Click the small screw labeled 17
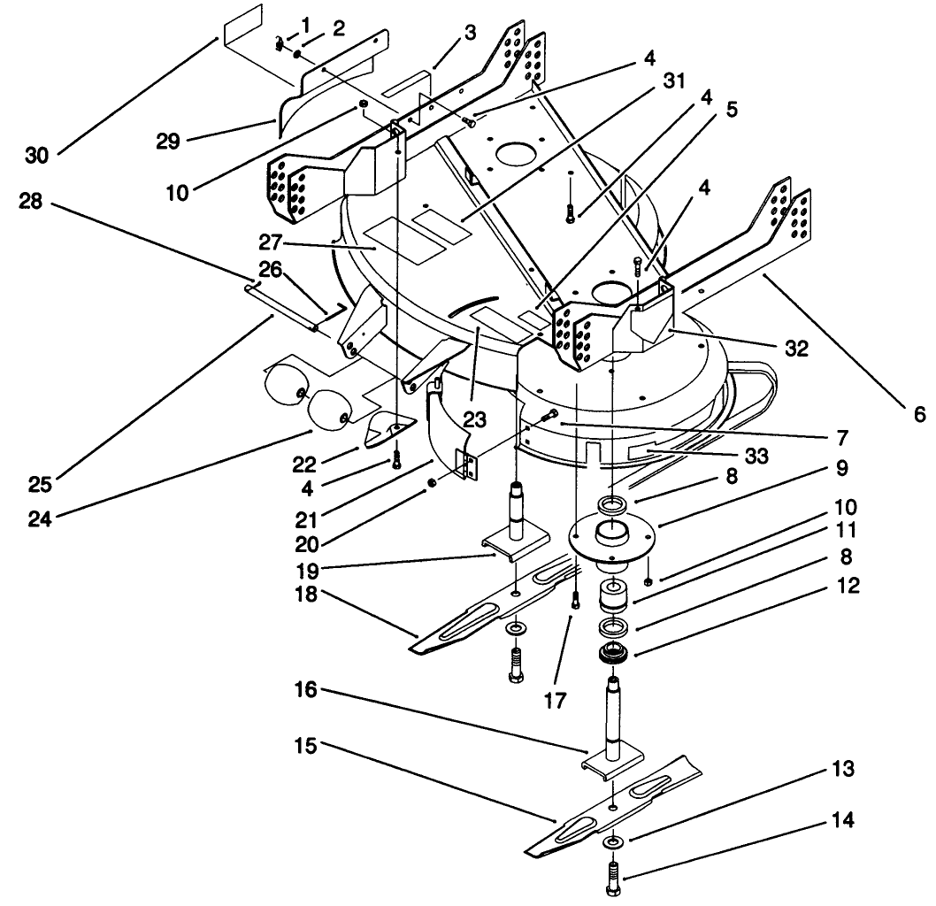576,602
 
